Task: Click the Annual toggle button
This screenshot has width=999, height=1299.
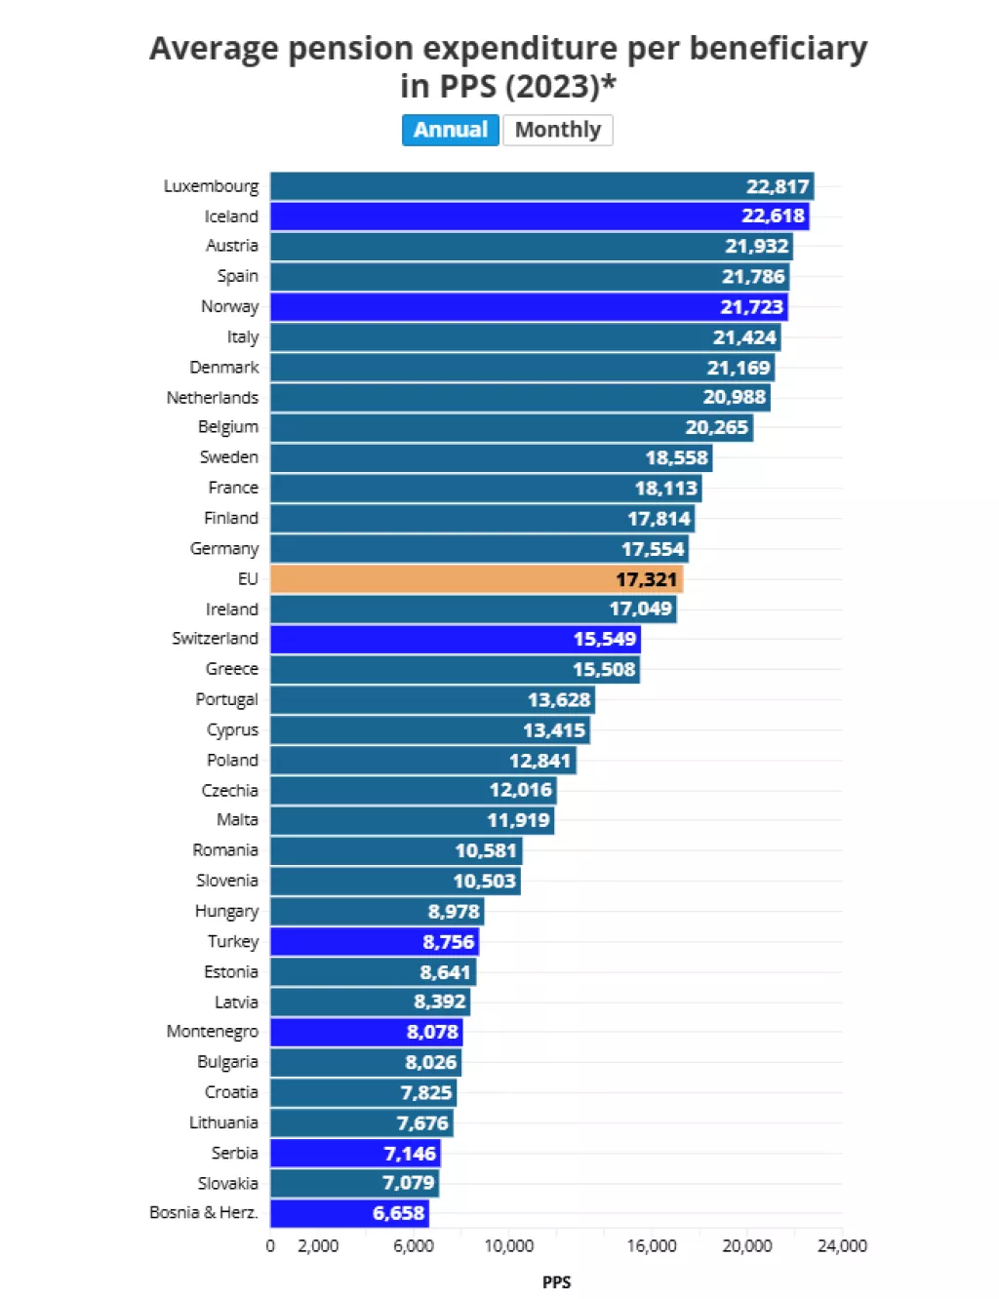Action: (x=451, y=130)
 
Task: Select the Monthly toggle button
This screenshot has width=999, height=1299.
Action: (x=558, y=130)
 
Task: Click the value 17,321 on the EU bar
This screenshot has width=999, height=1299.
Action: (x=646, y=579)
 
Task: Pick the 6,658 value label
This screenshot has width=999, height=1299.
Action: (x=399, y=1213)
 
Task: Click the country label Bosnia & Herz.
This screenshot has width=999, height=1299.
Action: (x=204, y=1212)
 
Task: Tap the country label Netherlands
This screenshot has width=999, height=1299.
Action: (x=213, y=397)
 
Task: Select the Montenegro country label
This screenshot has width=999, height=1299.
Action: (x=213, y=1031)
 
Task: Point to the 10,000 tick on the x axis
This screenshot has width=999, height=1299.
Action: (x=509, y=1245)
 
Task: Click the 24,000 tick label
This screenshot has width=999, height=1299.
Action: (x=842, y=1245)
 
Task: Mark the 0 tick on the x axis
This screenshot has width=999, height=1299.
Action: (x=270, y=1245)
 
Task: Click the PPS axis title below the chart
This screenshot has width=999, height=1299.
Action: (x=556, y=1281)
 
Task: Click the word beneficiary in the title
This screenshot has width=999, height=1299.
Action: (x=779, y=49)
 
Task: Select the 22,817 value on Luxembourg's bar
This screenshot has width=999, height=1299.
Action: (x=778, y=186)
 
